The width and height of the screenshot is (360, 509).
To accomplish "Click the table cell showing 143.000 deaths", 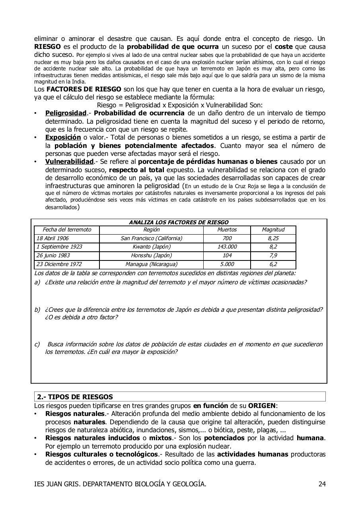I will click(x=227, y=247).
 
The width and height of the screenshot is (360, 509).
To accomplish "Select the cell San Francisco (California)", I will click(x=151, y=239).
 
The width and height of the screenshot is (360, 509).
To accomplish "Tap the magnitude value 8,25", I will click(x=273, y=239).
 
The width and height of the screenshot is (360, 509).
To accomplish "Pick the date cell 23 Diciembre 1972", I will click(x=57, y=264).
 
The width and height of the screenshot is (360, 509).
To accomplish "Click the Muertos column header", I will click(x=227, y=230).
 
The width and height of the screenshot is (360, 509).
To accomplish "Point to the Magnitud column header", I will click(x=273, y=230).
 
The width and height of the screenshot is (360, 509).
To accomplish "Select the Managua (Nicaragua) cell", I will click(x=151, y=264).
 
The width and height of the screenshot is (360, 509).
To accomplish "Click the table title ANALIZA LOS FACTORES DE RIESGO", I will click(x=179, y=223).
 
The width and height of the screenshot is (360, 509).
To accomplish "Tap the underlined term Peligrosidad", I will click(x=66, y=113).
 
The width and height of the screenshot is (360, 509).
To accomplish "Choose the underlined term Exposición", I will click(x=63, y=138).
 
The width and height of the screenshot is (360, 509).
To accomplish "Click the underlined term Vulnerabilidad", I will click(x=69, y=162).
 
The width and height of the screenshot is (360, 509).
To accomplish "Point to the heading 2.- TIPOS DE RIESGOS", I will click(x=75, y=397).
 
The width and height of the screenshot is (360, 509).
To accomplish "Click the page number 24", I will click(x=322, y=484).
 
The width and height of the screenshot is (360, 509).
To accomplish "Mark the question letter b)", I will click(x=37, y=310).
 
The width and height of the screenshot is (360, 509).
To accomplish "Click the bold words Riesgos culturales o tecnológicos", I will click(x=101, y=454).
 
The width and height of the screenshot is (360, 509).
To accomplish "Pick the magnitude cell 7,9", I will click(x=273, y=256).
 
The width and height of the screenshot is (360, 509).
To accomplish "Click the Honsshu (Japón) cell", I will click(x=151, y=256).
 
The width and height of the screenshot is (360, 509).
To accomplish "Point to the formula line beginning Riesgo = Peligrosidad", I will click(x=179, y=105).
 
